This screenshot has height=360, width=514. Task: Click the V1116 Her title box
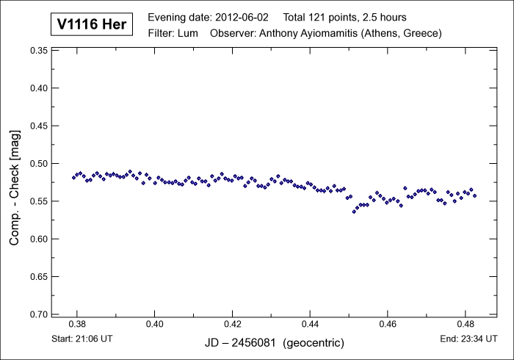(x=92, y=24)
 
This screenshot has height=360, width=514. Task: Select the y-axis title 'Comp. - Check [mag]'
(x=15, y=182)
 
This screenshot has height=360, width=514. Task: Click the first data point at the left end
(x=73, y=178)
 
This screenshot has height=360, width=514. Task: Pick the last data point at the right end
(x=475, y=196)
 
